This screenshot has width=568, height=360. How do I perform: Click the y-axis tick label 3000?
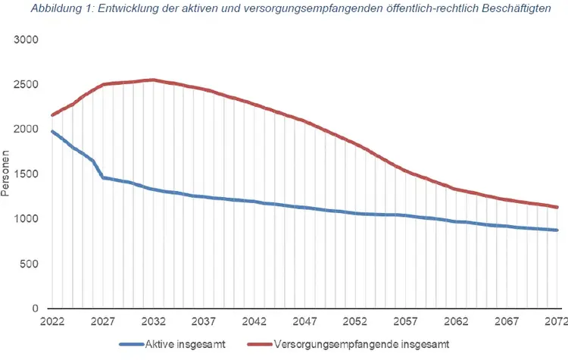tap(27, 39)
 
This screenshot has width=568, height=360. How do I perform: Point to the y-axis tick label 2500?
tap(27, 84)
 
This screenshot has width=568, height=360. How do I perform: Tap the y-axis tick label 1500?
tap(27, 174)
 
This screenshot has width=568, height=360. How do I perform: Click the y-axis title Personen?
tap(7, 174)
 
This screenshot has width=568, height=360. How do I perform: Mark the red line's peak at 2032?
tap(153, 80)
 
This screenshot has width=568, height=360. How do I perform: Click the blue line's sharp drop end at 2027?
tap(102, 177)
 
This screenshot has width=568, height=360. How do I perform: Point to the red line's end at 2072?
tap(557, 207)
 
